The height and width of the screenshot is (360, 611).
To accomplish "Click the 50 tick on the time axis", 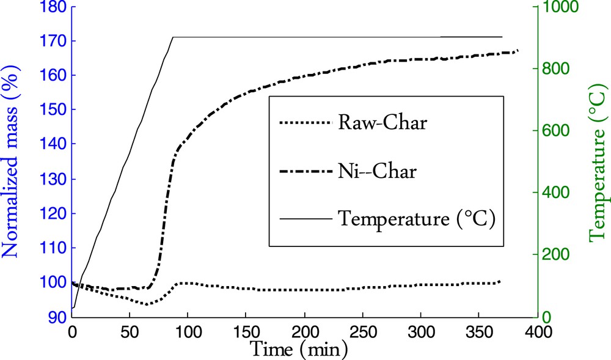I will [x=130, y=332].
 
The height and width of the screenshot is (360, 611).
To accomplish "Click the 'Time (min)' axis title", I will [x=299, y=349].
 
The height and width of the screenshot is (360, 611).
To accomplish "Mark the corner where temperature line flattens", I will [x=174, y=37].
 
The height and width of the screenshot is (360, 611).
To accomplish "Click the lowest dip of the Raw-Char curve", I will [x=147, y=304].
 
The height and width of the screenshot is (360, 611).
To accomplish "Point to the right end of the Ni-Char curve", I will [x=518, y=50].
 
